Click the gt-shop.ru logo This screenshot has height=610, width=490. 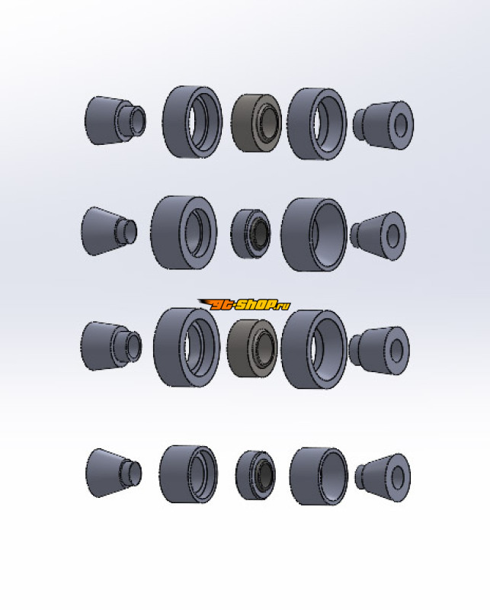click(x=244, y=304)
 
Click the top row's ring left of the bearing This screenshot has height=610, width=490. click(x=175, y=122)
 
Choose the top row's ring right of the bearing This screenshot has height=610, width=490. click(x=299, y=124)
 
